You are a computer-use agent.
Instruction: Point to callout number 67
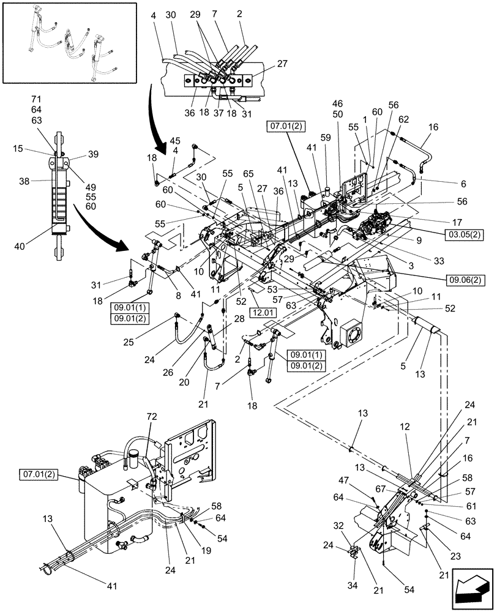tap(380, 489)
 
